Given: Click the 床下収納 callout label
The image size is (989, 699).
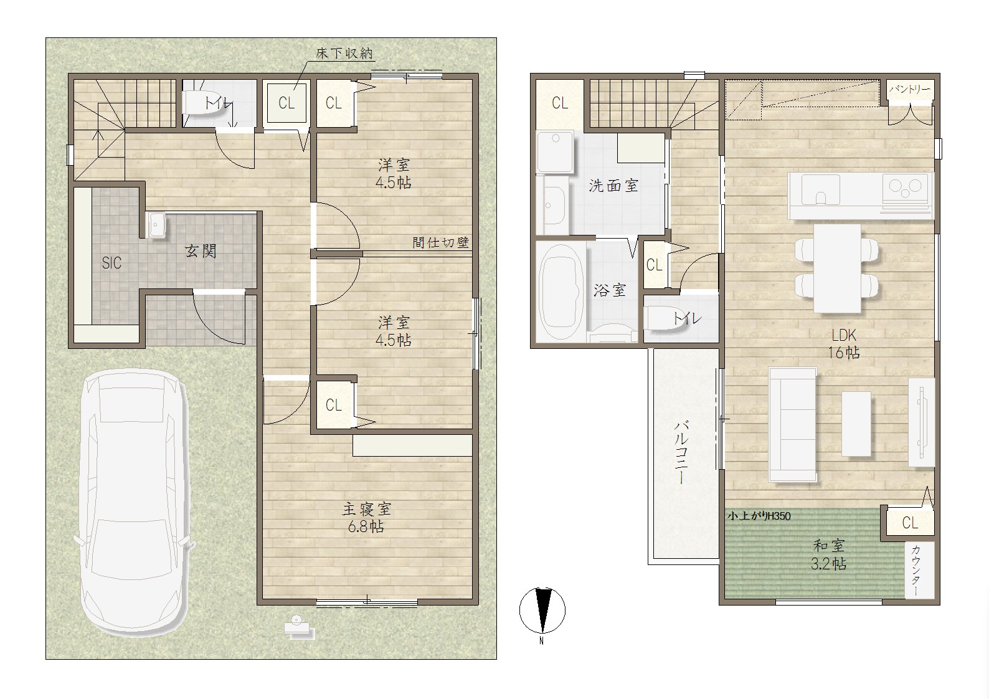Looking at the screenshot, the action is (344, 54).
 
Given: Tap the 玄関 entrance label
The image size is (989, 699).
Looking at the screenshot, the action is (201, 251).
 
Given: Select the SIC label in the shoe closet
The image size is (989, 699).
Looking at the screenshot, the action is (111, 263).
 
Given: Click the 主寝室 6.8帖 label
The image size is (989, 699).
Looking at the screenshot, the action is (366, 518).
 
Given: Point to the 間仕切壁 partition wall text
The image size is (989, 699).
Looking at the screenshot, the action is (441, 242).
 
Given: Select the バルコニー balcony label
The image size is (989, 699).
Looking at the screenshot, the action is (681, 453).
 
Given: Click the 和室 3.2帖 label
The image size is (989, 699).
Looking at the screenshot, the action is (829, 554).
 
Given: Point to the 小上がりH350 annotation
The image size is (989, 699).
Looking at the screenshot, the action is (759, 516).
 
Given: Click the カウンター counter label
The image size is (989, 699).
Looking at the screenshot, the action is (916, 571).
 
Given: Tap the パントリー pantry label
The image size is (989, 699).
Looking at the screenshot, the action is (909, 89).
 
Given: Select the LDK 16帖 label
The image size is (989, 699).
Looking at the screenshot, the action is (844, 344).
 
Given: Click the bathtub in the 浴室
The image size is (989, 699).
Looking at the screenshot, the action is (559, 292).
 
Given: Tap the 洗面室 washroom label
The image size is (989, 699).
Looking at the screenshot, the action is (613, 186).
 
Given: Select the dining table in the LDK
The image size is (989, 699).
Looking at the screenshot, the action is (837, 269).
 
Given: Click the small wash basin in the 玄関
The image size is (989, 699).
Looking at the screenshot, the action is (156, 224).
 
